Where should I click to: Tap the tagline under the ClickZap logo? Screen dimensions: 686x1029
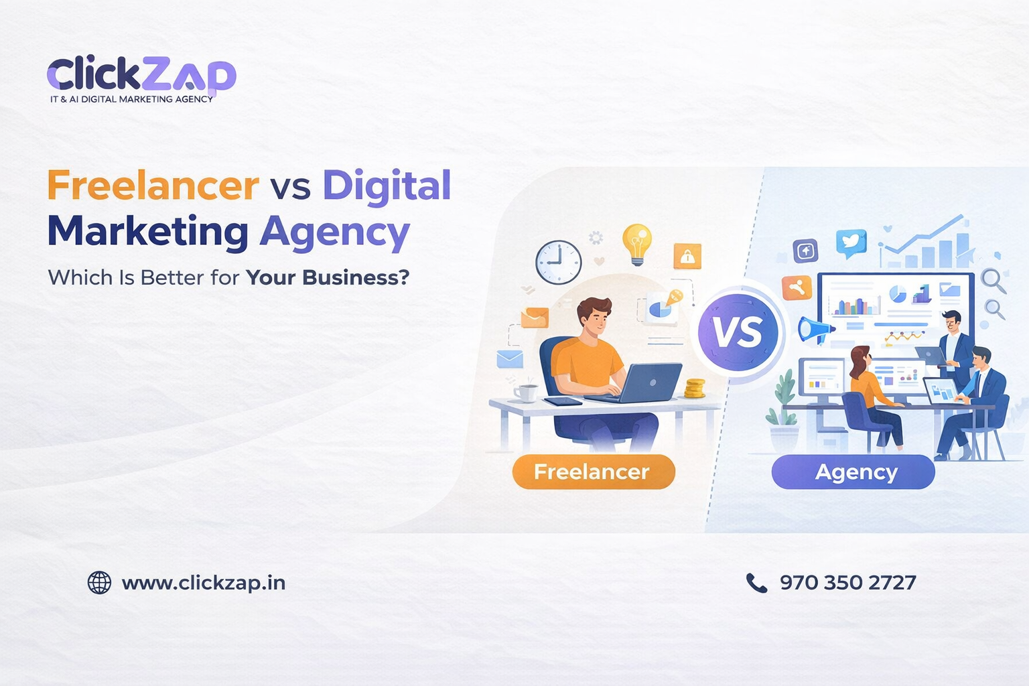[x=131, y=99]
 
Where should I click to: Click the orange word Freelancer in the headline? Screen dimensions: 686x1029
[x=153, y=186]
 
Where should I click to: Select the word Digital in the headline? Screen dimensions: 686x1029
[x=387, y=186]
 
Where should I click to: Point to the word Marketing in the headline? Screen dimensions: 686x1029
[x=148, y=232]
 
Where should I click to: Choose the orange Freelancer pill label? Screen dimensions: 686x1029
[x=593, y=472]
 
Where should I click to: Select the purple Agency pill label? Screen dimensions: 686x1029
[x=853, y=472]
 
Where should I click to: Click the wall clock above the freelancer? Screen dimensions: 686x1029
[x=558, y=262]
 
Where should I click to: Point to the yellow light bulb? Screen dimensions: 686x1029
[x=636, y=243]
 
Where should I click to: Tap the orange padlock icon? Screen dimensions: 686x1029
[x=687, y=256]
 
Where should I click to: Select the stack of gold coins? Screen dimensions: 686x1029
[x=695, y=388]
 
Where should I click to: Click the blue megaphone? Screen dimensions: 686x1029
[x=815, y=330]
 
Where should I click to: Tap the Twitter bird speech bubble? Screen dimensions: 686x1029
[x=851, y=243]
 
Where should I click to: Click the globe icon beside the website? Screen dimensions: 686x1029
[x=99, y=583]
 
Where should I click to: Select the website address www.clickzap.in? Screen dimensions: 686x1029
[x=204, y=583]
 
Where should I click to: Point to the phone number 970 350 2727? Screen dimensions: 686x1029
[x=847, y=583]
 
